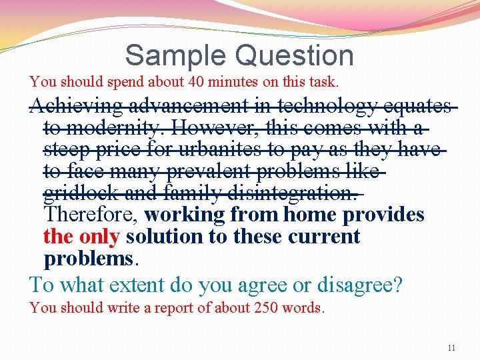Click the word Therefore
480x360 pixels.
coord(91,215)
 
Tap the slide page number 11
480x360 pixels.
coord(451,348)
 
